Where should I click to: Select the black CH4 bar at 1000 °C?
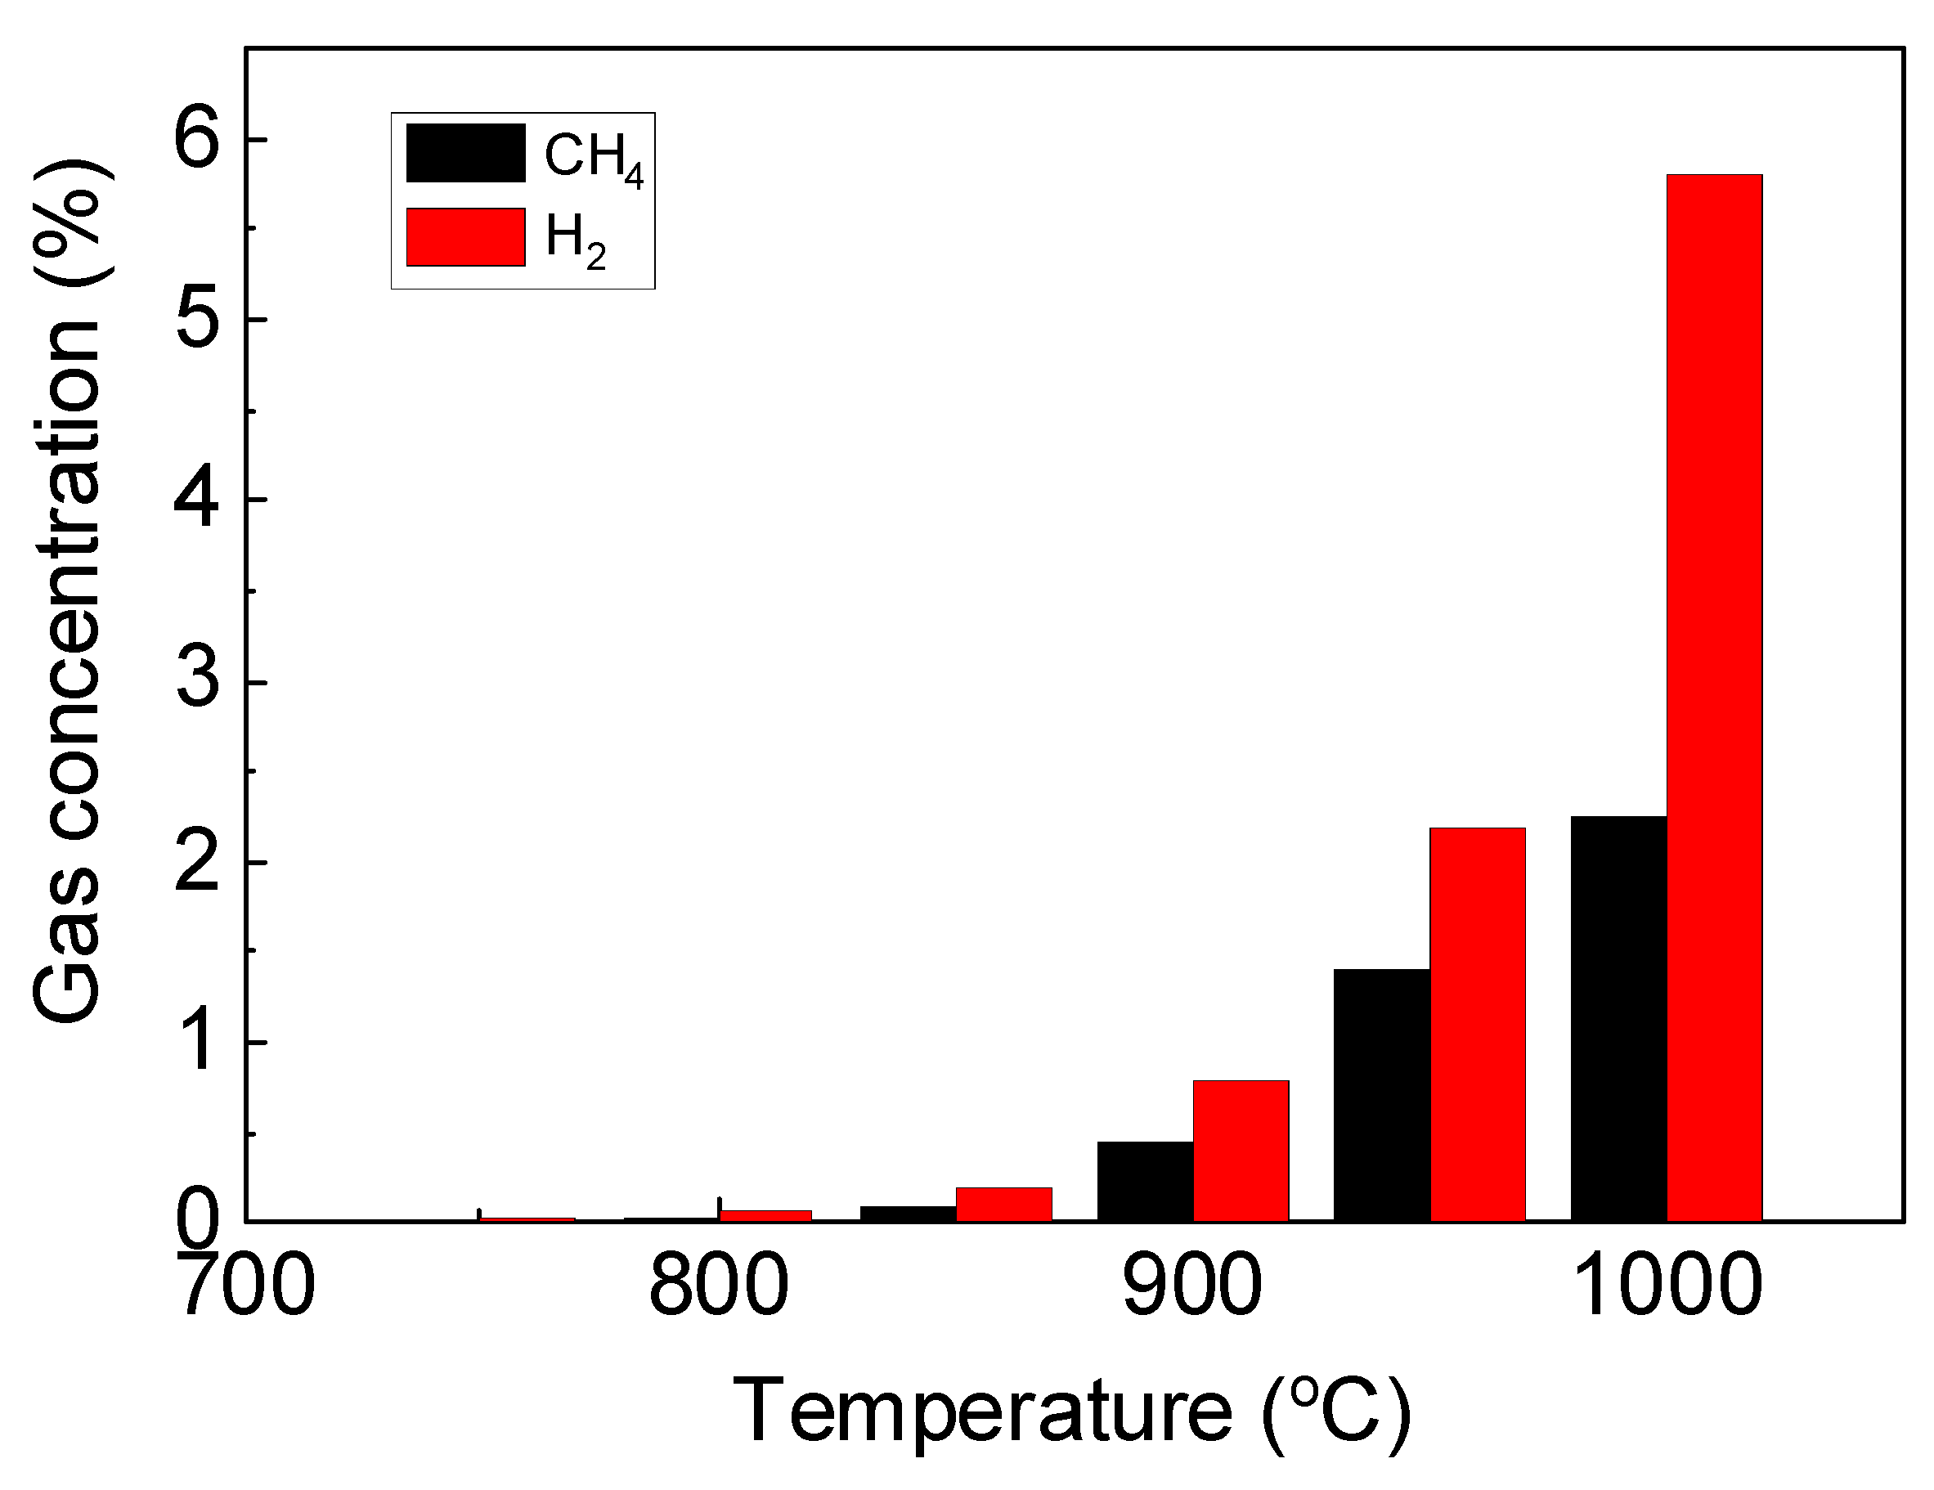coord(1618,1018)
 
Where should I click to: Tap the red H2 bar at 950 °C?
coord(1477,1025)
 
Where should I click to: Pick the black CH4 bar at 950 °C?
coord(1381,1095)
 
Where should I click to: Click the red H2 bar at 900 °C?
coord(1240,1151)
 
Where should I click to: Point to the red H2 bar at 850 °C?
coord(1003,1204)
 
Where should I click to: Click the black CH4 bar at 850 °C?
coord(908,1213)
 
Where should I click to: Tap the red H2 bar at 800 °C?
coord(765,1215)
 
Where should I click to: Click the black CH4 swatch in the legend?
coord(466,153)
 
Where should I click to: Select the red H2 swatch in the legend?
coord(466,237)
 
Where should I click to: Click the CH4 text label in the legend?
coord(592,158)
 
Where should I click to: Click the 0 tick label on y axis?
coord(196,1222)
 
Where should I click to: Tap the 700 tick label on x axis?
coord(247,1286)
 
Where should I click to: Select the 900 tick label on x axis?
coord(1192,1286)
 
